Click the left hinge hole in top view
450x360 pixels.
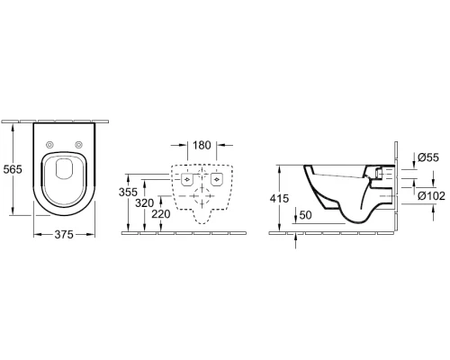click(x=48, y=145)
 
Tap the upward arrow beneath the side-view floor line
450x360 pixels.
click(x=297, y=238)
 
